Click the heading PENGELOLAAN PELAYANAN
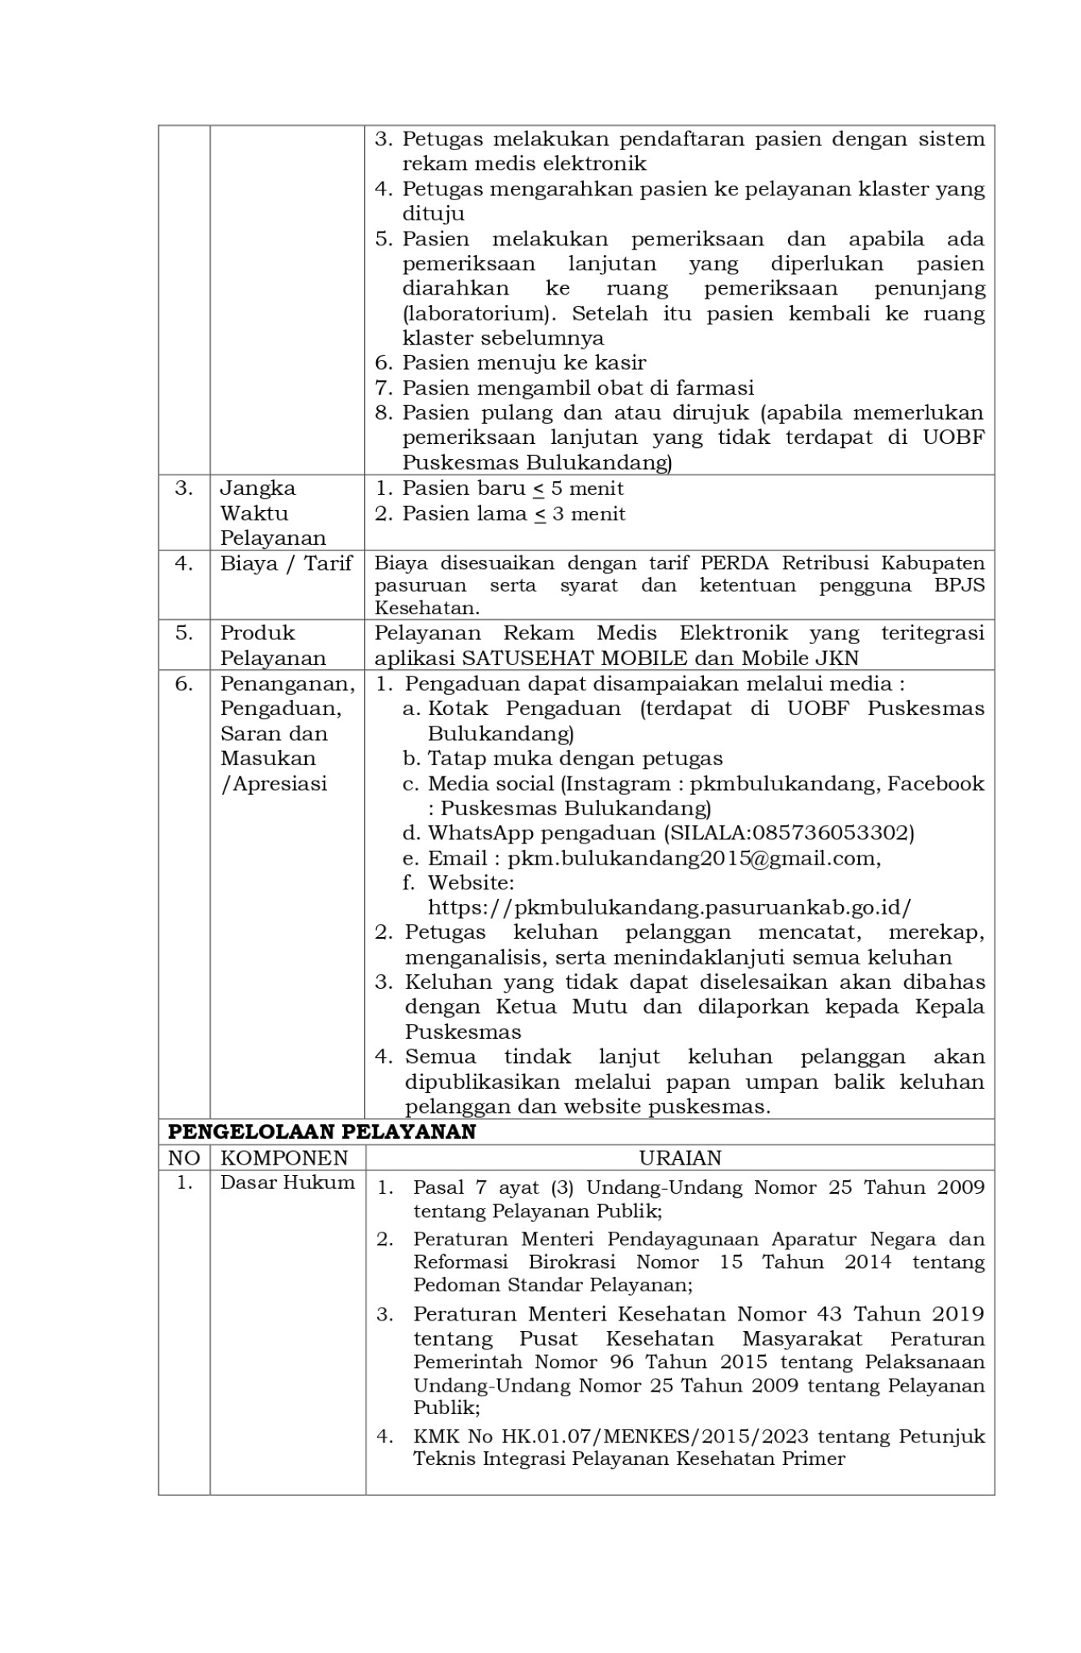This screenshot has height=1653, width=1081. click(321, 1132)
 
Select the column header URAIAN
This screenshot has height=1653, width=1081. click(680, 1157)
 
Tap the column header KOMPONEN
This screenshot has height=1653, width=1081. click(284, 1157)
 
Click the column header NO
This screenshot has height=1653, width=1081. click(184, 1157)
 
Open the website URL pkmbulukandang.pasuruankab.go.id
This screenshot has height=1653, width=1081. click(669, 907)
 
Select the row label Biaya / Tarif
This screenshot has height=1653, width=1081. click(286, 563)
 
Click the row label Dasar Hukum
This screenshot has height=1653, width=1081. click(287, 1182)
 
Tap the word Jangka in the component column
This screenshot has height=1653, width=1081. click(258, 488)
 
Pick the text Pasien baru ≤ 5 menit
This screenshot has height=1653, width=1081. click(513, 488)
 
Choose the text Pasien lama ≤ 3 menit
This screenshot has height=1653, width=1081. click(513, 513)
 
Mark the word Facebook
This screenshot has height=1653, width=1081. click(936, 783)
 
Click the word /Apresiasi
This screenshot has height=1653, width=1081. click(274, 783)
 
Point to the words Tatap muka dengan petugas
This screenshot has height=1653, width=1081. click(575, 758)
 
